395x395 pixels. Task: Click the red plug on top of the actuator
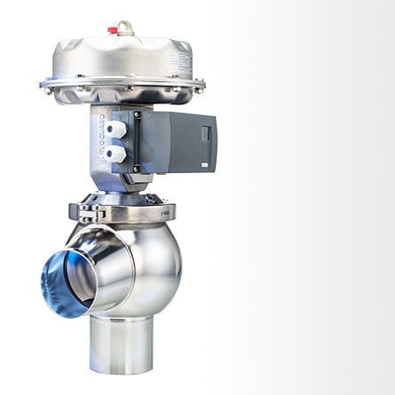coord(113,30)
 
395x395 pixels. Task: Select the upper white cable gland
coord(115,130)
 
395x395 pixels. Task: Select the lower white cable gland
coord(115,153)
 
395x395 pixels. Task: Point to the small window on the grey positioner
coord(206,134)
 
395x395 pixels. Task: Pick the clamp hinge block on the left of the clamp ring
coord(86,213)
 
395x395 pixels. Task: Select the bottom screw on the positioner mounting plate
coord(135,168)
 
